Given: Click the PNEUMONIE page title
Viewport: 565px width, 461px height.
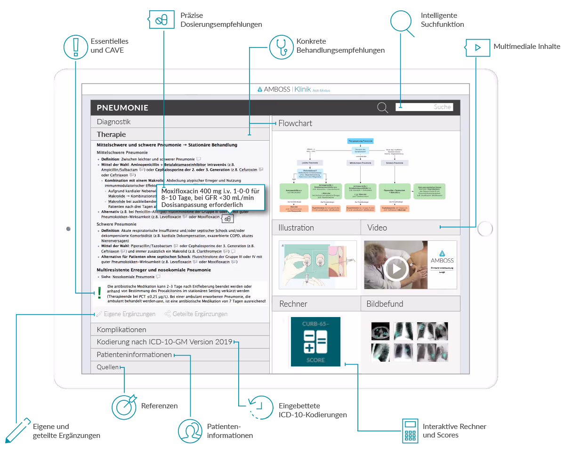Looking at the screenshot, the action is coord(122,108).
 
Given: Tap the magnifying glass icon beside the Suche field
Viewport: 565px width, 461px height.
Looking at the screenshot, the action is coord(383,108).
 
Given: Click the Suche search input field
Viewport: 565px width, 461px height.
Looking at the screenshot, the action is coord(424,107).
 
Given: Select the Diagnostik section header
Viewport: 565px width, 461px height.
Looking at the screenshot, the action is coord(113,122).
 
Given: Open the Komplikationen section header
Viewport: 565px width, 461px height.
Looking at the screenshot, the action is coord(121,329).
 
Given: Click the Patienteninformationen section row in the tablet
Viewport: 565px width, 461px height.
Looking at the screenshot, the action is coord(134,355).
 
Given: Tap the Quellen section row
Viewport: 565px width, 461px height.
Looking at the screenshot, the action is coord(108,367).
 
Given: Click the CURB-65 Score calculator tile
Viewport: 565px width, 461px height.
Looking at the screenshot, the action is coord(315,342).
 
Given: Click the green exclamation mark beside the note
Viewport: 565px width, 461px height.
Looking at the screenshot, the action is coord(99,293).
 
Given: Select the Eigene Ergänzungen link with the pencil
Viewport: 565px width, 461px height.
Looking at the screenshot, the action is coord(126,314).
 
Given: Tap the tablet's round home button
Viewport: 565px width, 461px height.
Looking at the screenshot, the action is coord(484,229).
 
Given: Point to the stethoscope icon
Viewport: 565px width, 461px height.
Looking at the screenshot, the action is coord(281,46).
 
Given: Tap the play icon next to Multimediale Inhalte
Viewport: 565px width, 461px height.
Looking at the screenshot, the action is coord(477,47).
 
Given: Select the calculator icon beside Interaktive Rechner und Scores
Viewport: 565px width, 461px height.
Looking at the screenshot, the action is coord(411,430).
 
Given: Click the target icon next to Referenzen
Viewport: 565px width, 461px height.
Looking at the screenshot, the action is coord(124,406).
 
